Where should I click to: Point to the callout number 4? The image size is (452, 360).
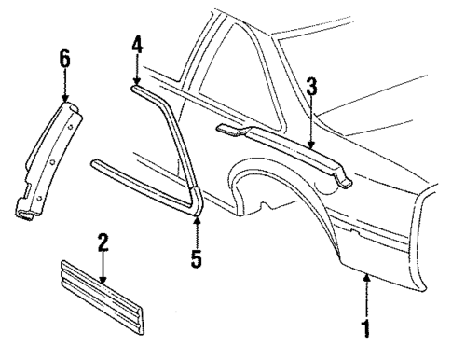point(137,44)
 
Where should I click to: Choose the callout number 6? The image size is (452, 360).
point(64,57)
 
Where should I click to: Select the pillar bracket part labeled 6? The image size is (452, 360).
point(47,159)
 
